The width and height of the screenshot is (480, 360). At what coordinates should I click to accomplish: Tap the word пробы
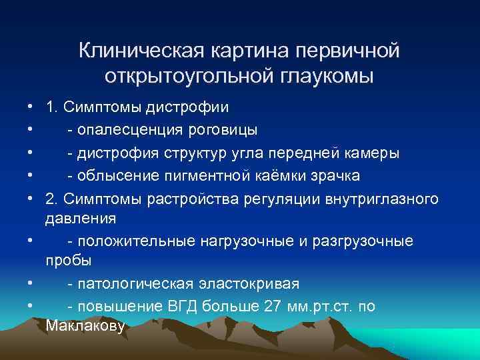click(69, 260)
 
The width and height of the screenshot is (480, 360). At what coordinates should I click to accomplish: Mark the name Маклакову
click(85, 326)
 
